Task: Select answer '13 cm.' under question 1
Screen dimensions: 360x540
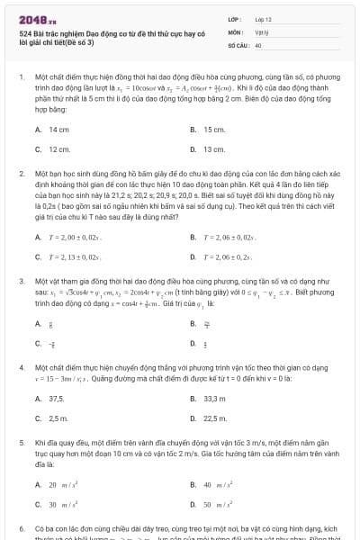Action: [x=213, y=148]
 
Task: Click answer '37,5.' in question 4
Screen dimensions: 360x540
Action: [x=58, y=399]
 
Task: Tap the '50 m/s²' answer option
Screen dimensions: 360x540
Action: [x=220, y=504]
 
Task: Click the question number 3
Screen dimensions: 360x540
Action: [x=21, y=281]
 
